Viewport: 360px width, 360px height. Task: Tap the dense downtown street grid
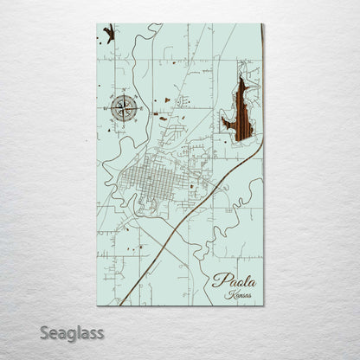(x=152, y=181)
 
